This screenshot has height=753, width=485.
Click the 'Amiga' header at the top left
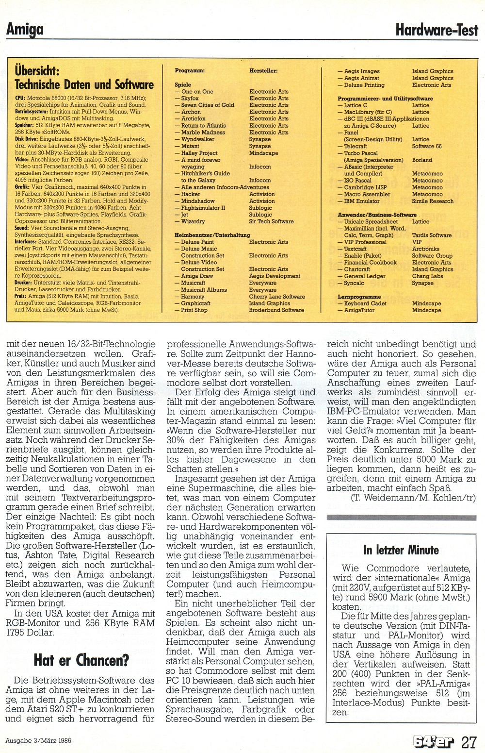pyautogui.click(x=25, y=30)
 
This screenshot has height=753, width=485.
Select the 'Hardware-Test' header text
pyautogui.click(x=437, y=31)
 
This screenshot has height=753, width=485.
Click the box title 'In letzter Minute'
pyautogui.click(x=401, y=550)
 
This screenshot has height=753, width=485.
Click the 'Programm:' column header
pyautogui.click(x=190, y=71)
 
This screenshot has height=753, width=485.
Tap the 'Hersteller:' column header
pyautogui.click(x=263, y=71)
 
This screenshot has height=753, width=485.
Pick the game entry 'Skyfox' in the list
pyautogui.click(x=190, y=98)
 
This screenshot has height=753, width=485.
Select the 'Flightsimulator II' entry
pyautogui.click(x=203, y=208)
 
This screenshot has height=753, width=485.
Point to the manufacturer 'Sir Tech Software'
pyautogui.click(x=271, y=221)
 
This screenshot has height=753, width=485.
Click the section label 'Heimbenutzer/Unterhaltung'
pyautogui.click(x=212, y=235)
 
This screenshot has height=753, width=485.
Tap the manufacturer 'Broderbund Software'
pyautogui.click(x=276, y=310)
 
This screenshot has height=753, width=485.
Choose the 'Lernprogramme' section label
pyautogui.click(x=359, y=297)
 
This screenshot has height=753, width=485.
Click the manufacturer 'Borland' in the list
pyautogui.click(x=422, y=160)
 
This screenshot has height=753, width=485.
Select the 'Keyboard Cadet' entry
pyautogui.click(x=365, y=303)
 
